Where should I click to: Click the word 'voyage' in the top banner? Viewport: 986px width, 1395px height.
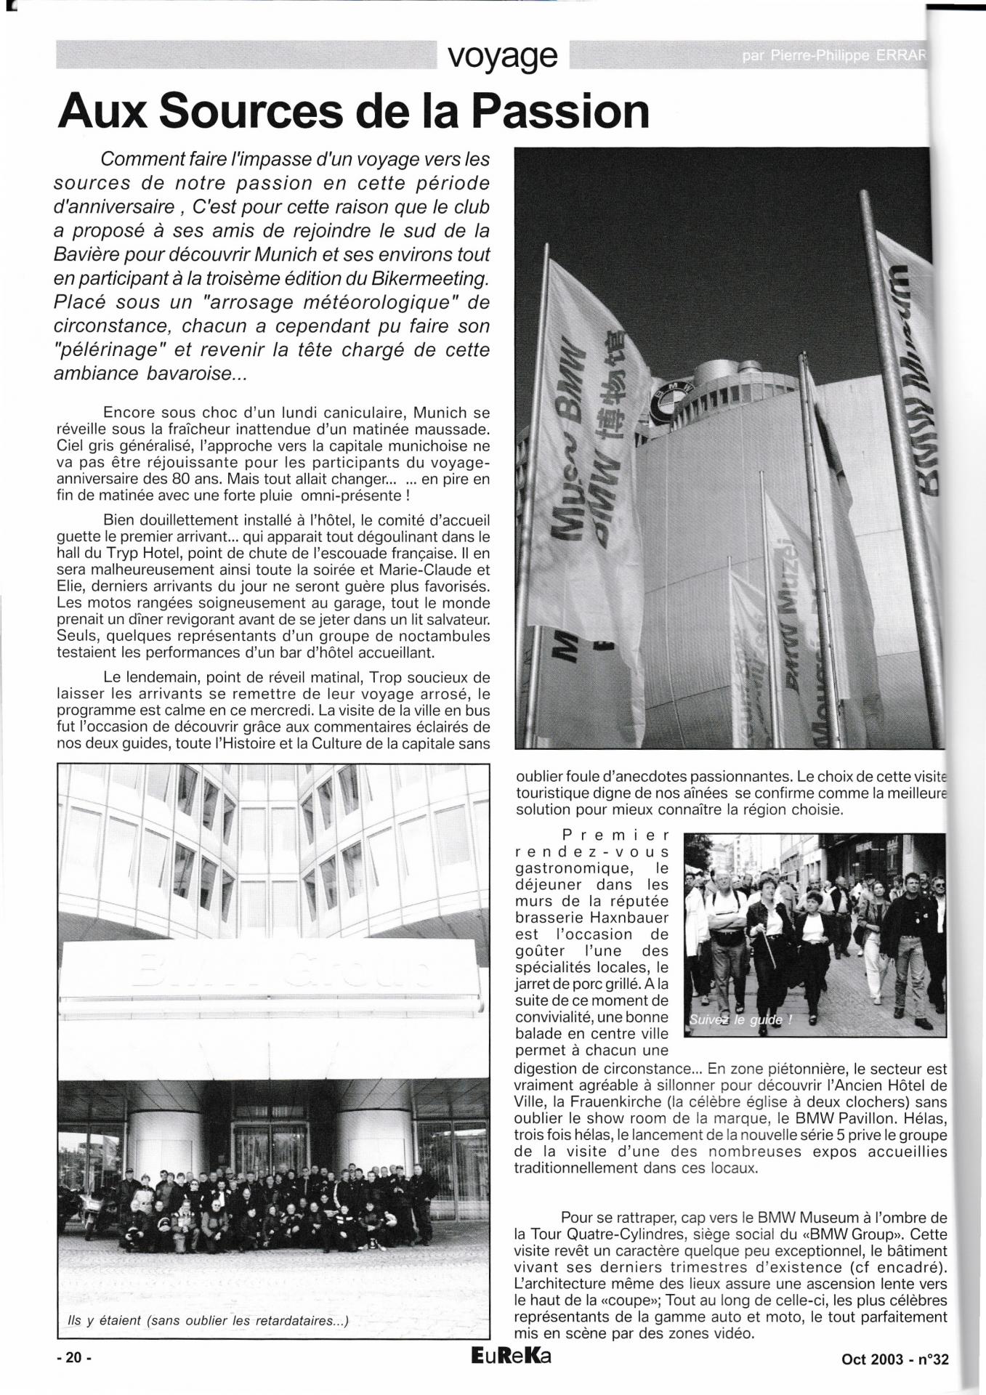click(x=503, y=55)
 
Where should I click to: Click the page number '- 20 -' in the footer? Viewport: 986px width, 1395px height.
click(x=76, y=1359)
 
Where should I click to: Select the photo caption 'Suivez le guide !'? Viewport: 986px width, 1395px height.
click(x=735, y=1019)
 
